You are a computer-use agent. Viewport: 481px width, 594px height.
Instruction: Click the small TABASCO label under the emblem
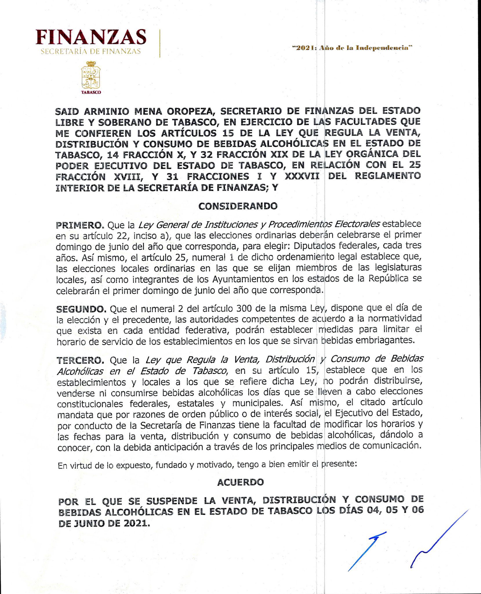pos(91,92)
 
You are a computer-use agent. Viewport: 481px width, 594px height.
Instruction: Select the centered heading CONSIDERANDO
pos(238,206)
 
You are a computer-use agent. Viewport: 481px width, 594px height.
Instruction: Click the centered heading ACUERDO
pos(240,482)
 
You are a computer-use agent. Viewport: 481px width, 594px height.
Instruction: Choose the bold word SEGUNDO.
pos(81,309)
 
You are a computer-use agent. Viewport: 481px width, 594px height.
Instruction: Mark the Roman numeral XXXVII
pos(302,176)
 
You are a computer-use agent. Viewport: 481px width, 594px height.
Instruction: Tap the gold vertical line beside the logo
pos(160,44)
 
